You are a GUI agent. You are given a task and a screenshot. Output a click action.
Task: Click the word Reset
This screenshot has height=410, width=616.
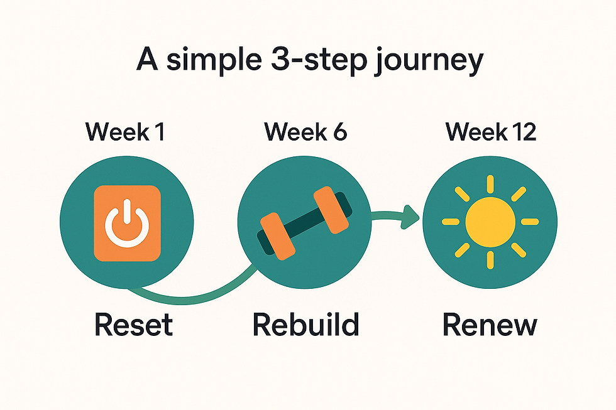pyautogui.click(x=133, y=325)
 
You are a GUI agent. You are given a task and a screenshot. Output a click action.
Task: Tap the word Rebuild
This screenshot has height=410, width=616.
pyautogui.click(x=306, y=325)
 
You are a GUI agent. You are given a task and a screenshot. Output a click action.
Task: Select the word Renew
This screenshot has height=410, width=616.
pyautogui.click(x=490, y=325)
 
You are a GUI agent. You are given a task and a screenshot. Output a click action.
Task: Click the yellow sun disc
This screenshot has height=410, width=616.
pyautogui.click(x=490, y=221)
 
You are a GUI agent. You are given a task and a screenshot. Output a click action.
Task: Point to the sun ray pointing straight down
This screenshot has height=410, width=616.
pyautogui.click(x=490, y=259)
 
